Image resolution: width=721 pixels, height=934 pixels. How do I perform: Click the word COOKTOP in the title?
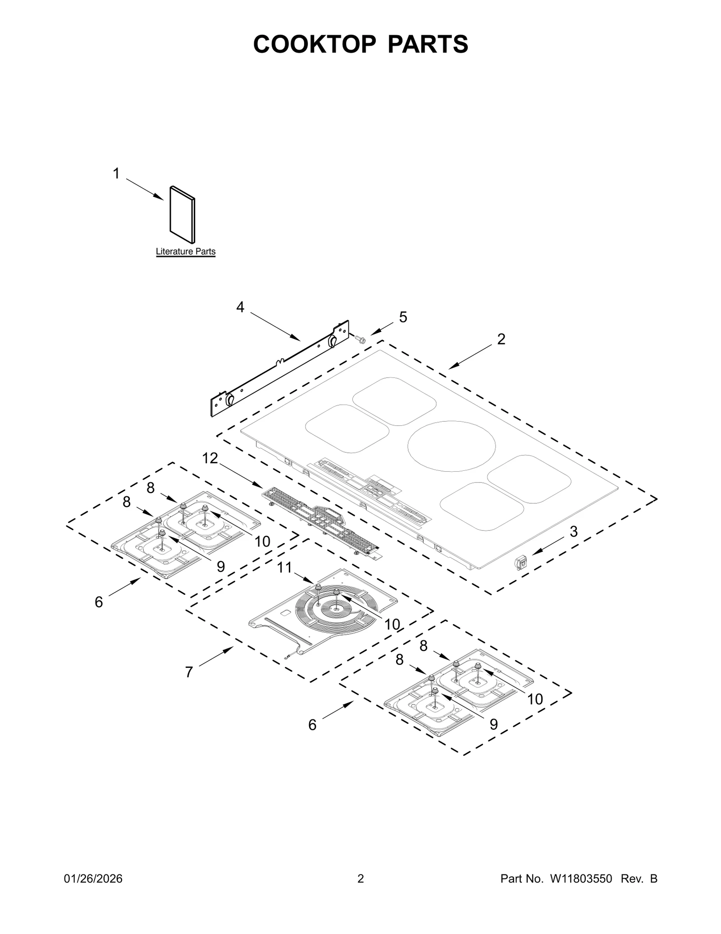pos(314,44)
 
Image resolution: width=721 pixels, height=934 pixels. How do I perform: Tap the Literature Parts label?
pos(186,252)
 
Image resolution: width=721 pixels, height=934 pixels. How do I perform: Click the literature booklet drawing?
pos(182,215)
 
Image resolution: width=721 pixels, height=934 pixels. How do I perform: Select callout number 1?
pos(116,174)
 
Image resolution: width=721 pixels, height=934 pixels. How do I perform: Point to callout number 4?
pos(240,307)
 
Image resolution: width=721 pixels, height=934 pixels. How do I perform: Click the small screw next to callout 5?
pos(360,339)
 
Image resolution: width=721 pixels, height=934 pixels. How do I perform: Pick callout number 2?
pos(501,339)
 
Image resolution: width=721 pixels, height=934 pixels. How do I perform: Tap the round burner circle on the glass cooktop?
pos(451,446)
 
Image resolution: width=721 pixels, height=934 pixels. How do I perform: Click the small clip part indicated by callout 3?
pos(520,562)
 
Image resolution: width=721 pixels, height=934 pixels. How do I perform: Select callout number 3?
pos(573,532)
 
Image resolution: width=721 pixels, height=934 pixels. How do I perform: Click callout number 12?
pos(210,458)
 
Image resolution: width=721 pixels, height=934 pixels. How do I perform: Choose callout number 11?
pos(284,567)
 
